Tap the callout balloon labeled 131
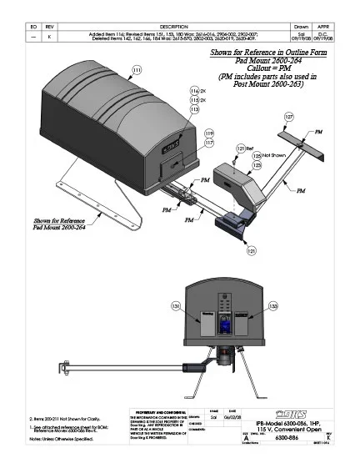(175, 308)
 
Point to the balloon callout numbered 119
(209, 133)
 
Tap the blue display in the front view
(225, 320)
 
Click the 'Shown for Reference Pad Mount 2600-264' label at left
(62, 222)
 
